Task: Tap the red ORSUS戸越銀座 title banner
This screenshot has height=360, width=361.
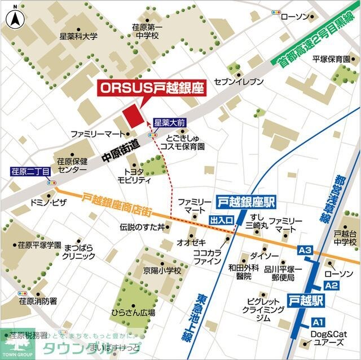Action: click(151, 88)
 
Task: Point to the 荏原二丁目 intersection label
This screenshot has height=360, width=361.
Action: click(31, 170)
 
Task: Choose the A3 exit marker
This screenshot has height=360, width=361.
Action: click(305, 250)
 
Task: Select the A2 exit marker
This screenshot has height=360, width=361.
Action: click(331, 286)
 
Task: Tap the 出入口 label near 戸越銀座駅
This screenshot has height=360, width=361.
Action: click(222, 220)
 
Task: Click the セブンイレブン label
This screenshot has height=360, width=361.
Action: click(239, 82)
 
